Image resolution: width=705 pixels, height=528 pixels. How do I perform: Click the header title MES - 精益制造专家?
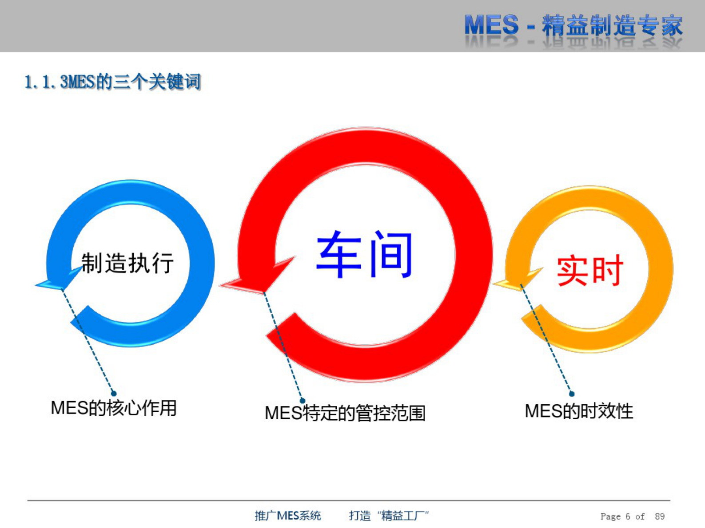point(573,26)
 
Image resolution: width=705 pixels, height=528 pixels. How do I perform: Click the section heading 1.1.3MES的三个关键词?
point(113,82)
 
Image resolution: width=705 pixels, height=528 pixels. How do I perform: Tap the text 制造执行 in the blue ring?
point(127,263)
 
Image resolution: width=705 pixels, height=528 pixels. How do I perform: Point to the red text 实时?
point(590,270)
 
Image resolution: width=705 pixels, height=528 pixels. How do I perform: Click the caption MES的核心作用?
point(114,408)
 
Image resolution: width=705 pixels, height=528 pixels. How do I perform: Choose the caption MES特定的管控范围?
point(345,413)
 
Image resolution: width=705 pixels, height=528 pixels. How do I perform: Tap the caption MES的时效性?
point(579,411)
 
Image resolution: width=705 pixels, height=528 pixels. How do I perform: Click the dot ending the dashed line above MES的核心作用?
point(114,394)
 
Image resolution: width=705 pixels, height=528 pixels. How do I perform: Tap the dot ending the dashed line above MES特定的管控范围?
point(303,401)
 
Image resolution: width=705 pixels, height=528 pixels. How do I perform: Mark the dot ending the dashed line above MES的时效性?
point(572,394)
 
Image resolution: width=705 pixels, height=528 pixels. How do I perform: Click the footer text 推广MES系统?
point(288,516)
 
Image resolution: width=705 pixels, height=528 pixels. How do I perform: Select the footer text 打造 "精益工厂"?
point(389,516)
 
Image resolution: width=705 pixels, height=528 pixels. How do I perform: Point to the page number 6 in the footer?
point(628,516)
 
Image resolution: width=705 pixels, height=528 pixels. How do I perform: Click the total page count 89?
point(660,516)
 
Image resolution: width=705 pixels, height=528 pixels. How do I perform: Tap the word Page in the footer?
point(610,516)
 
